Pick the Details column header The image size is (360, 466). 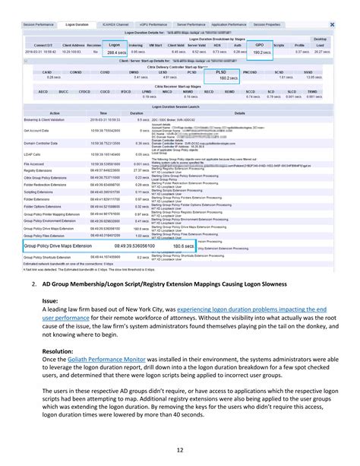pos(239,113)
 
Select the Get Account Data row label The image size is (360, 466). pos(37,131)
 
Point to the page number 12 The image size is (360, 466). pos(180,450)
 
